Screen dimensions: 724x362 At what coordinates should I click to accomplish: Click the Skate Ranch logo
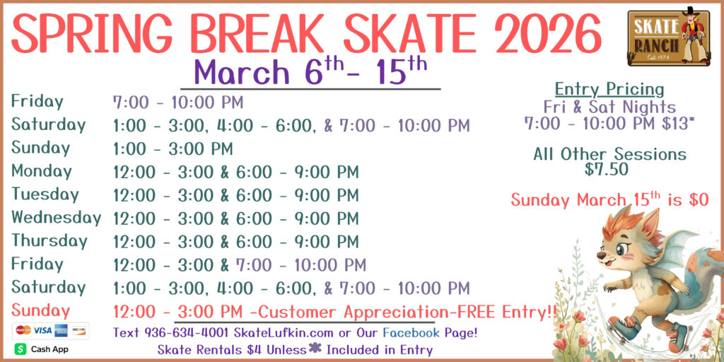669,37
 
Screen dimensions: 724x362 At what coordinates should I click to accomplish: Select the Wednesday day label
57,218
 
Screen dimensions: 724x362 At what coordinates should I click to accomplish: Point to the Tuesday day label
45,194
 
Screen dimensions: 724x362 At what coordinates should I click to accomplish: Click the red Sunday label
40,310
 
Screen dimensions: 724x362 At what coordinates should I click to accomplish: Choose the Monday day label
42,171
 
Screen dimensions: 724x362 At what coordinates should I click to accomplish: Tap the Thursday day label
49,240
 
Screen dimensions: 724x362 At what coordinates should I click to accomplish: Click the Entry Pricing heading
609,88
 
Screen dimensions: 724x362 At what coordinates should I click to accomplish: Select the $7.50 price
607,170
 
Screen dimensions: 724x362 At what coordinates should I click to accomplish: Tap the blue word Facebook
411,332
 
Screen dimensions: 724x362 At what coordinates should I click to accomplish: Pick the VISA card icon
42,330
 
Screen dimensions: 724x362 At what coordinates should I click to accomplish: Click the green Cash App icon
21,349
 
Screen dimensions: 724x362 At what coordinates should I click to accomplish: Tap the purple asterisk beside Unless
315,348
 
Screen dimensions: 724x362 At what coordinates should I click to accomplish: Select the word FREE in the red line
477,312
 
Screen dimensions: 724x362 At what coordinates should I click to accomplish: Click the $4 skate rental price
255,349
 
